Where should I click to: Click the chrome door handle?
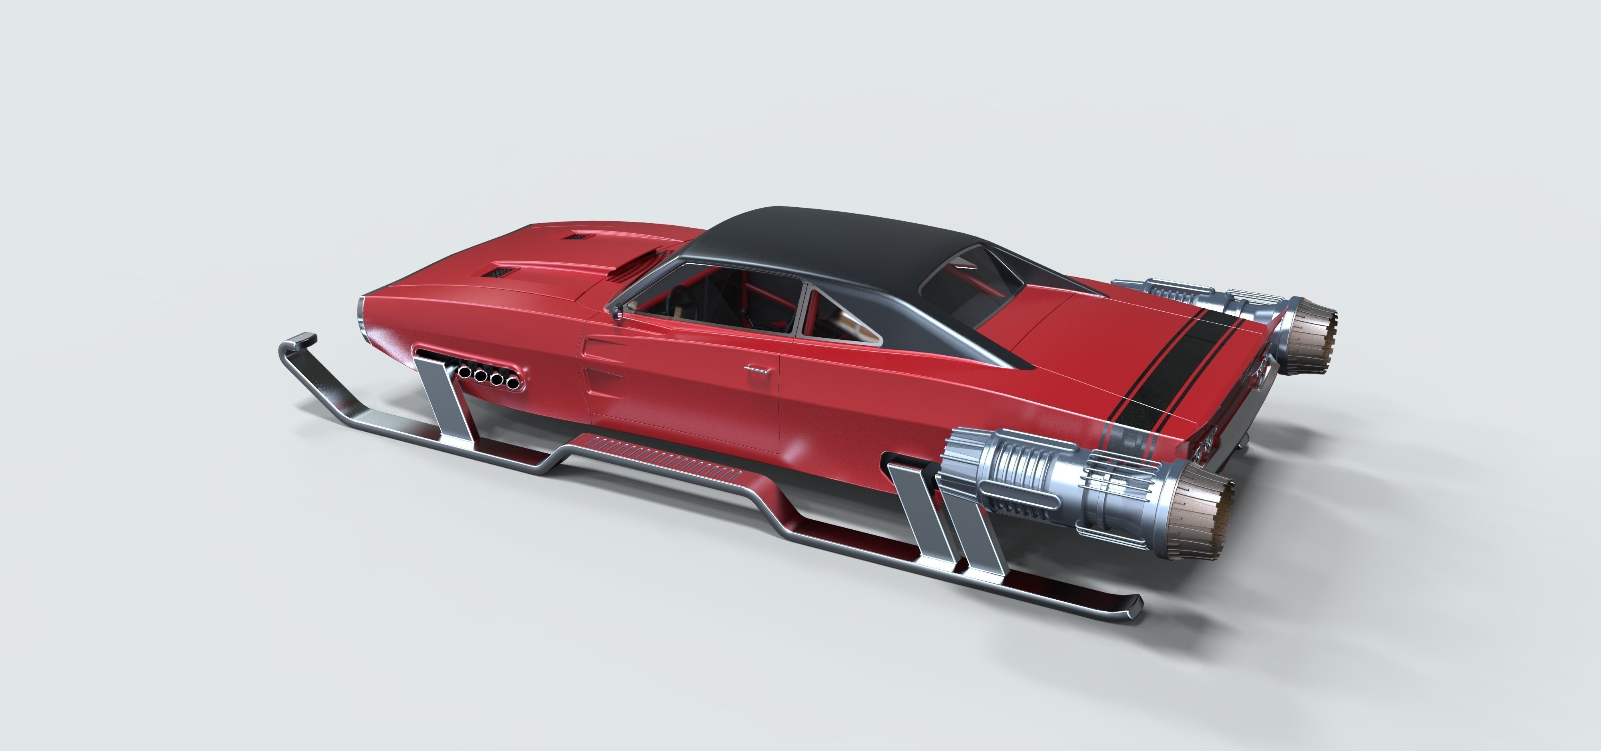pos(758,369)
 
